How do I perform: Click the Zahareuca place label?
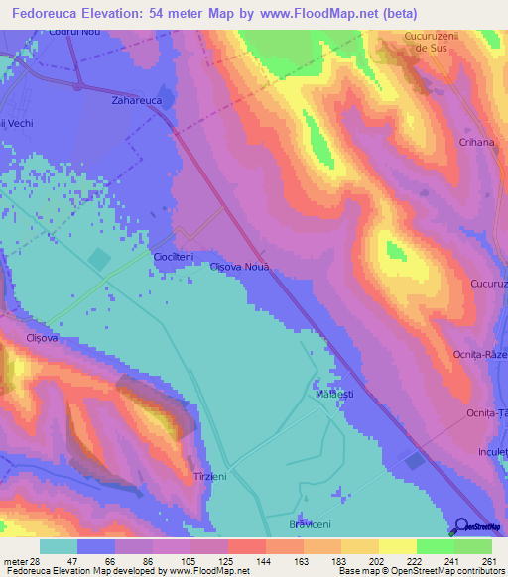click(137, 101)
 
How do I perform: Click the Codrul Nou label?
click(73, 32)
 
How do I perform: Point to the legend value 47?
click(59, 560)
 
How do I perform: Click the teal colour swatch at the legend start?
click(59, 546)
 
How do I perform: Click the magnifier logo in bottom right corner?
click(461, 526)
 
